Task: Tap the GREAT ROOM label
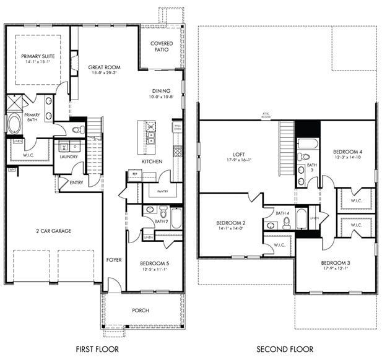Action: [x=105, y=67]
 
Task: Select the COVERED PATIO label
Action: [x=163, y=46]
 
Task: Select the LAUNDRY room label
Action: [x=69, y=156]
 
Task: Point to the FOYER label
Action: [x=113, y=260]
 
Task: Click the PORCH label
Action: [x=141, y=310]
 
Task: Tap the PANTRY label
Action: [x=162, y=192]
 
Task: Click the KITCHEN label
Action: [x=152, y=161]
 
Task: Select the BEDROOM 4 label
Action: [x=347, y=152]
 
